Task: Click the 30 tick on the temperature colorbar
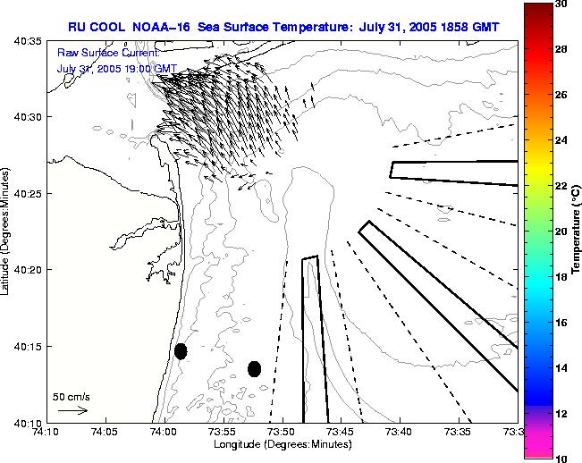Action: point(561,4)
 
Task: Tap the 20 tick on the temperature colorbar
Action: point(561,231)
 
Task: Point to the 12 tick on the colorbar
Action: point(561,414)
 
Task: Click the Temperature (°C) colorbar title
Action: point(577,231)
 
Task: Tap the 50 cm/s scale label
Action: point(72,396)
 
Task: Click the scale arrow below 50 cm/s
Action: point(72,410)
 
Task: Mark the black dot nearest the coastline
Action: point(181,351)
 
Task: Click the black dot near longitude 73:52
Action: point(254,368)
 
